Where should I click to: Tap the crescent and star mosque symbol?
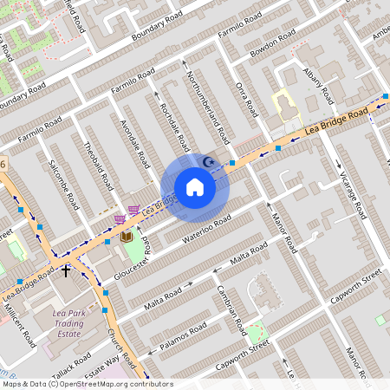point(207,161)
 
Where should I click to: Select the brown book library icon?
point(127,236)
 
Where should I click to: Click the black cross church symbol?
point(65,271)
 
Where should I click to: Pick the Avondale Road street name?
point(136,143)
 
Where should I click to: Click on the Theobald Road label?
point(98,164)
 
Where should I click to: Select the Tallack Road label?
point(70,360)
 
